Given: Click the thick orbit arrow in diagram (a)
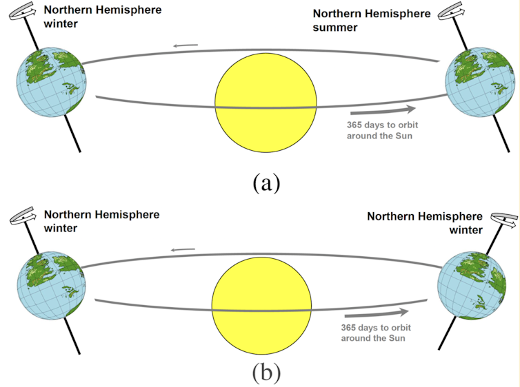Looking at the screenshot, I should click(x=383, y=109).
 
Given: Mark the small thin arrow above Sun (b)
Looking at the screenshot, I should click(x=183, y=249).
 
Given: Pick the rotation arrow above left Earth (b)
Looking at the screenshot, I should click(x=26, y=216).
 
